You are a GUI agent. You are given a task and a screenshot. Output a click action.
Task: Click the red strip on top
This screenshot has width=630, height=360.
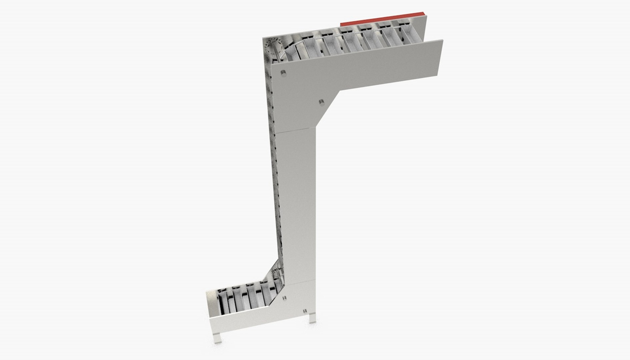pos(383,19)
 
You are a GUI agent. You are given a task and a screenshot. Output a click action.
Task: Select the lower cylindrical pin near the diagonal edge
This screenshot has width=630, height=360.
pos(321,103)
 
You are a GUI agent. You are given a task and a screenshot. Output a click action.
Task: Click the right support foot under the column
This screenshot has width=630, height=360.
pos(312,318)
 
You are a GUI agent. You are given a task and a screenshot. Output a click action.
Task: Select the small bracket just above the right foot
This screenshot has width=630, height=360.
pos(305,310)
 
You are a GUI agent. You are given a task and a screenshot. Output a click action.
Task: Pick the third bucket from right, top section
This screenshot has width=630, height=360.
pos(371,42)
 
